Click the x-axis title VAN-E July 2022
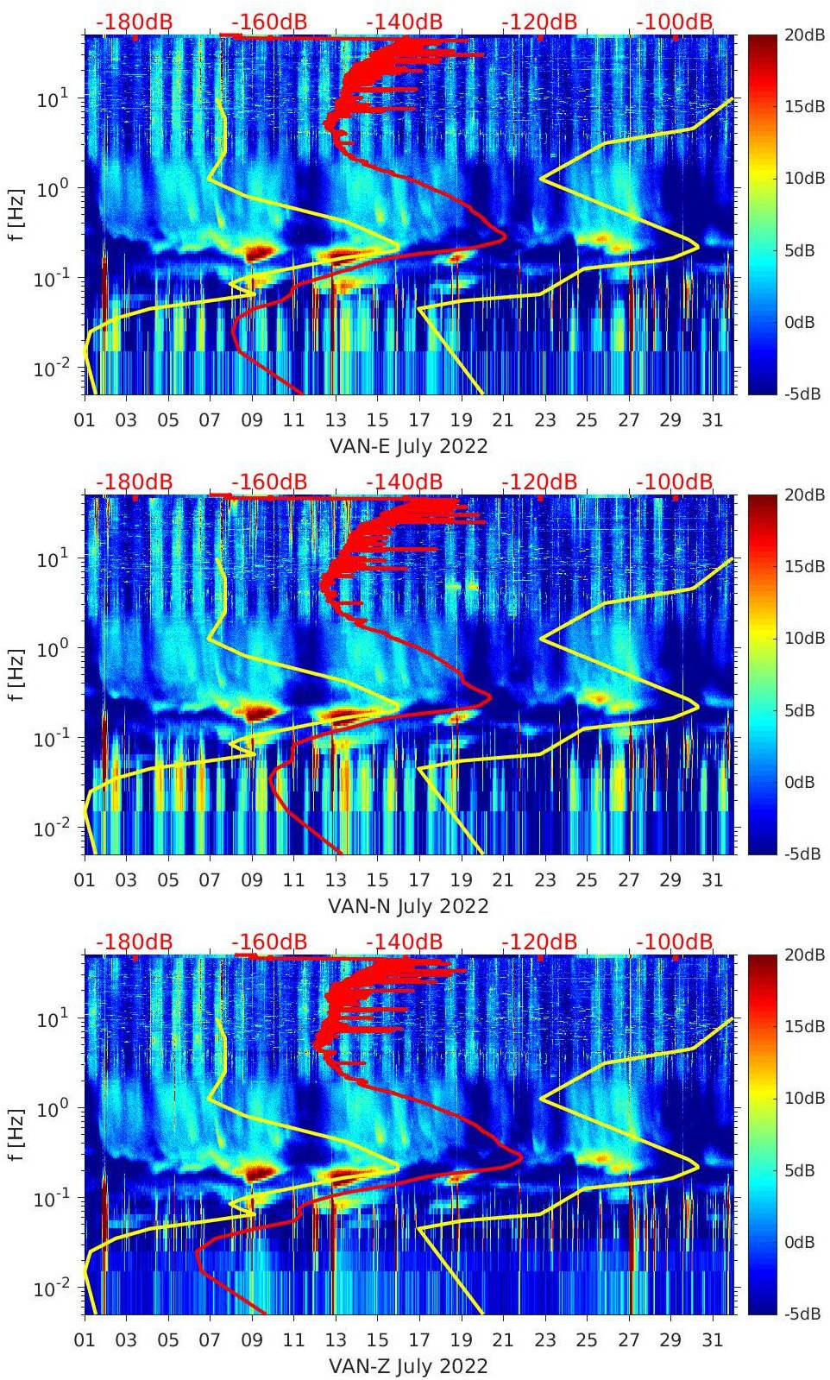tap(409, 447)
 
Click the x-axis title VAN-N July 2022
tap(409, 907)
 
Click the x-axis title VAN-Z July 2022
tap(409, 1367)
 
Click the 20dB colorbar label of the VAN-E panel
tap(803, 35)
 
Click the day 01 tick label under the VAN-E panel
tap(85, 421)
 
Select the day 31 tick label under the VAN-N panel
tap(712, 881)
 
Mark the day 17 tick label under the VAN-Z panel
tap(419, 1341)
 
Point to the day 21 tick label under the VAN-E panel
tap(503, 421)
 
